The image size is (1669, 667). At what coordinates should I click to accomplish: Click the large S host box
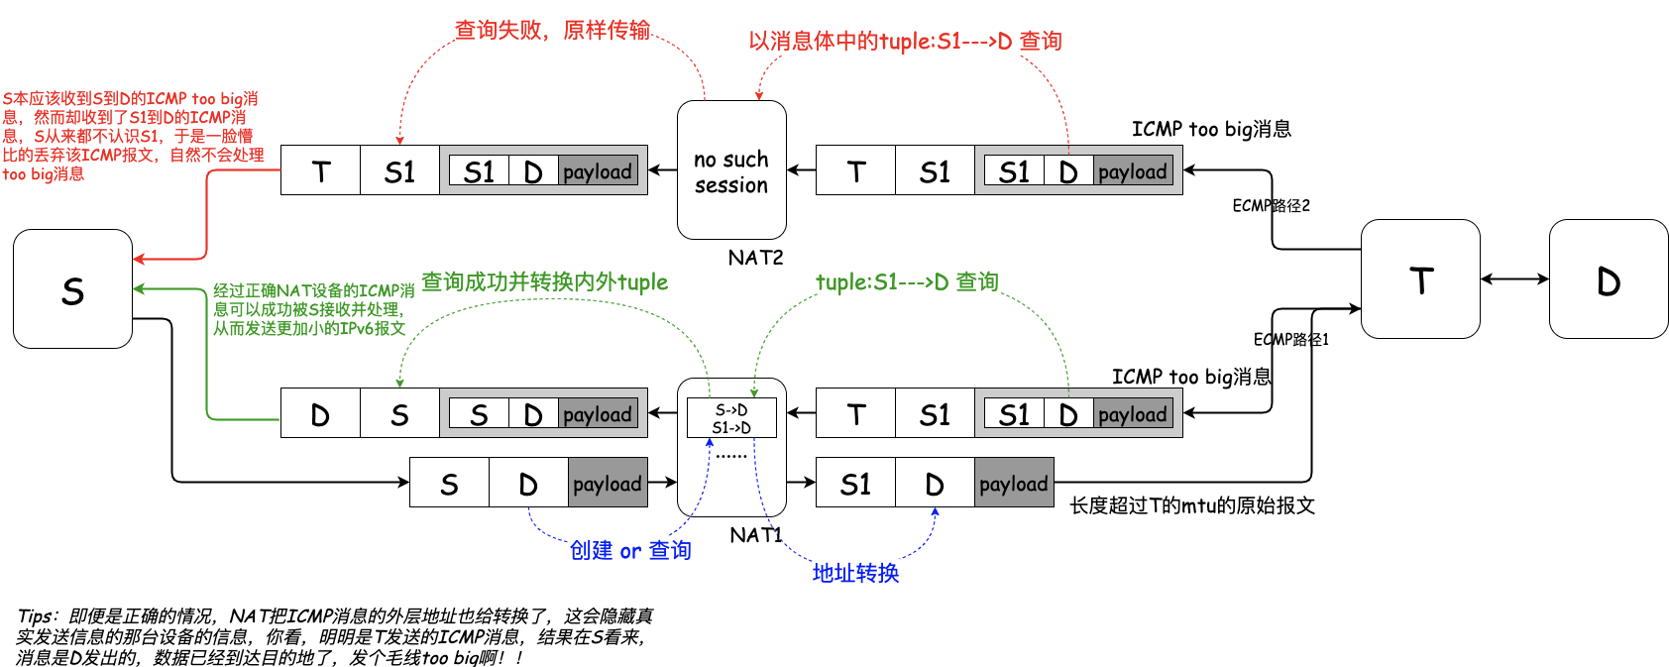coord(72,289)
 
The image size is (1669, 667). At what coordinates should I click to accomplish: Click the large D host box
coord(1608,279)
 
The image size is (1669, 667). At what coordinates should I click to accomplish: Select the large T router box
coord(1419,279)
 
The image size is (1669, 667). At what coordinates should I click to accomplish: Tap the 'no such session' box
coord(731,170)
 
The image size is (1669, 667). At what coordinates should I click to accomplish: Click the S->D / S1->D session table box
coord(731,418)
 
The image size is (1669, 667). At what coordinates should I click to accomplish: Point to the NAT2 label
coord(755,258)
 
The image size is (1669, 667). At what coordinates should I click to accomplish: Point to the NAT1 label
coord(755,535)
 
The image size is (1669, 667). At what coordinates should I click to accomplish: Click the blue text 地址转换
coord(855,573)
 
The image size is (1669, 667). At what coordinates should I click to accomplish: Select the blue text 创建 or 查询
coord(630,551)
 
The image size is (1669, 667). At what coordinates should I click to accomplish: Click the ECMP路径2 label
coord(1271,205)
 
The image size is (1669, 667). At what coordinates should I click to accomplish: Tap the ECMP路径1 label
coord(1290,339)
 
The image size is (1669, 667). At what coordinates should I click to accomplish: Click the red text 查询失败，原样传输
coord(551,30)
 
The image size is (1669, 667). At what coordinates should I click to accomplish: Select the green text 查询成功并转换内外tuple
coord(544,282)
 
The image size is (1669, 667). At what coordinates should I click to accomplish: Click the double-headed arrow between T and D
coord(1514,279)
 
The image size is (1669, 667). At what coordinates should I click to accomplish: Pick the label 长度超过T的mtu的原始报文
coord(1191,505)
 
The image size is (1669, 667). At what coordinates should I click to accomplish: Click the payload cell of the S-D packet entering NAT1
coord(608,483)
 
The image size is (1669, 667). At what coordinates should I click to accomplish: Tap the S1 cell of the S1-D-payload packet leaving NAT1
coord(855,483)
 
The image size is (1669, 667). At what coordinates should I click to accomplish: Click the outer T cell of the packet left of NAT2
coord(320,170)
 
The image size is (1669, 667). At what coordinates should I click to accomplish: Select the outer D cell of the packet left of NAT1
coord(320,413)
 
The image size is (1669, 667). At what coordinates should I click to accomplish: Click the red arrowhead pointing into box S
coord(140,259)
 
